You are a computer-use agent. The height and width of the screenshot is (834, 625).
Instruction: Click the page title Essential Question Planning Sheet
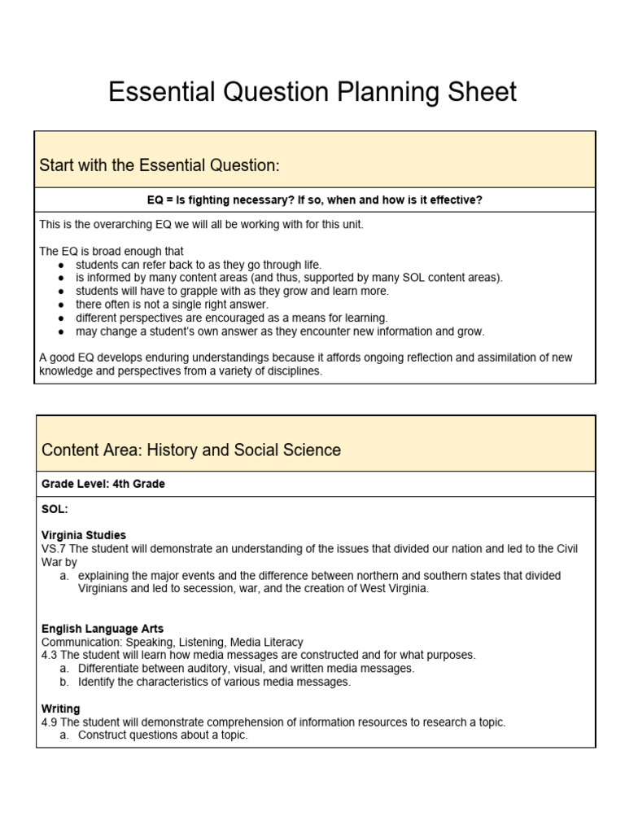pos(312,92)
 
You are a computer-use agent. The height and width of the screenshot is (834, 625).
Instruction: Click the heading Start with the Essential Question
pos(159,165)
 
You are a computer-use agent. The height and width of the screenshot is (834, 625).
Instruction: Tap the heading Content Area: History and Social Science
pos(190,450)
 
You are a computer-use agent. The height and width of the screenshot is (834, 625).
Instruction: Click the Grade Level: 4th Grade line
pos(103,484)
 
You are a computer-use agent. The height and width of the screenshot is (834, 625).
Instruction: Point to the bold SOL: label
pos(55,508)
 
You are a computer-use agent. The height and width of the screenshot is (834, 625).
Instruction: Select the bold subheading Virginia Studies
pos(84,535)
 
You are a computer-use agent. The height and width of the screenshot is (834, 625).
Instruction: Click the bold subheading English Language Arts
pos(103,629)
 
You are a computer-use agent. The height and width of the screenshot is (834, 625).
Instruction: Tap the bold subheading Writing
pos(61,709)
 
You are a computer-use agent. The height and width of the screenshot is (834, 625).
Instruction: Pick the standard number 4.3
pos(50,655)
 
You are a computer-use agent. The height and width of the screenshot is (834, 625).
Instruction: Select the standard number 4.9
pos(50,722)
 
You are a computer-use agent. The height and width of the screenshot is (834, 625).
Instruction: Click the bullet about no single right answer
pos(172,305)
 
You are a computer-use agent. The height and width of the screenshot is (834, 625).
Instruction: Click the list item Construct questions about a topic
pos(163,735)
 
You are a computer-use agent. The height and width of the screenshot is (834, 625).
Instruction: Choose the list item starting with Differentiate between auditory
pos(246,669)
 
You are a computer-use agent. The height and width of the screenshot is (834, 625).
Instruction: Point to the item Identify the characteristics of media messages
pos(214,682)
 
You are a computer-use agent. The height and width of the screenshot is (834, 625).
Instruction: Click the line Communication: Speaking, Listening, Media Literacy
pos(173,642)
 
